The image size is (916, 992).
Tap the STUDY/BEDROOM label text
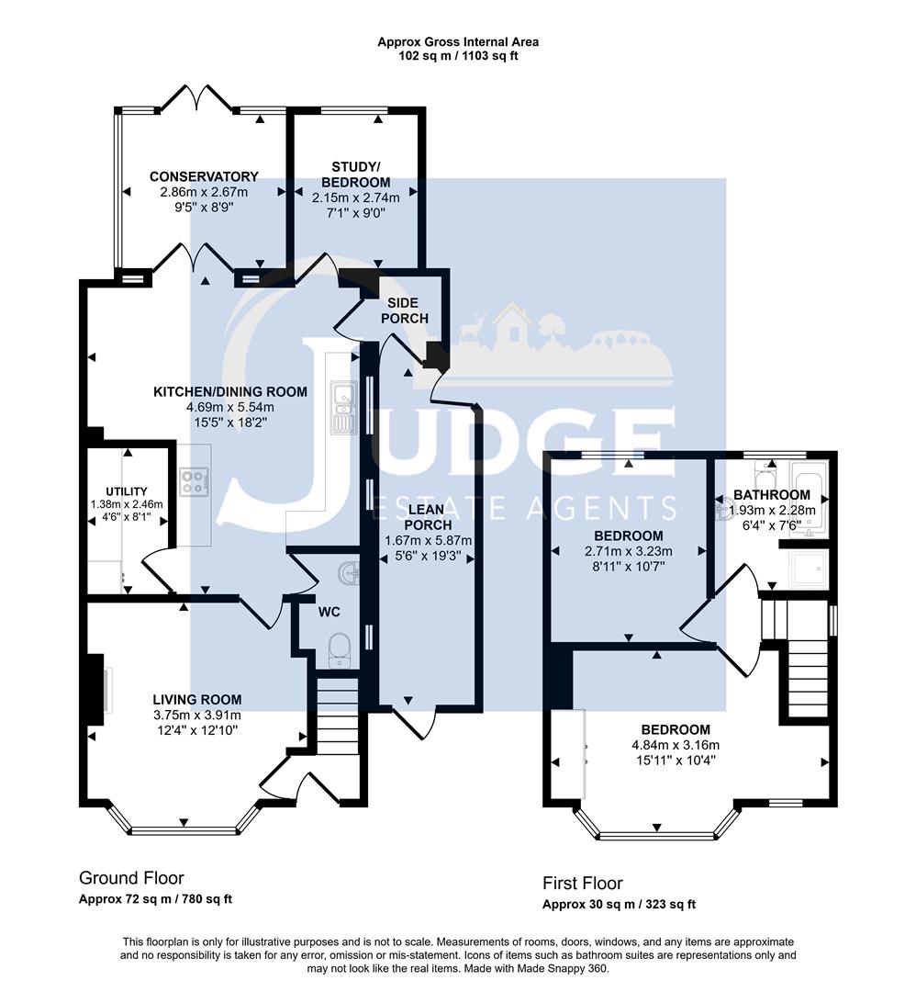[353, 174]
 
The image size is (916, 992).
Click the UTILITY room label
[126, 492]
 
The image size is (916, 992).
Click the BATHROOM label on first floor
[771, 495]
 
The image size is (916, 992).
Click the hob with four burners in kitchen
[195, 481]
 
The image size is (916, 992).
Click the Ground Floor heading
[131, 877]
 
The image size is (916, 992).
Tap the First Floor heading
[582, 883]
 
